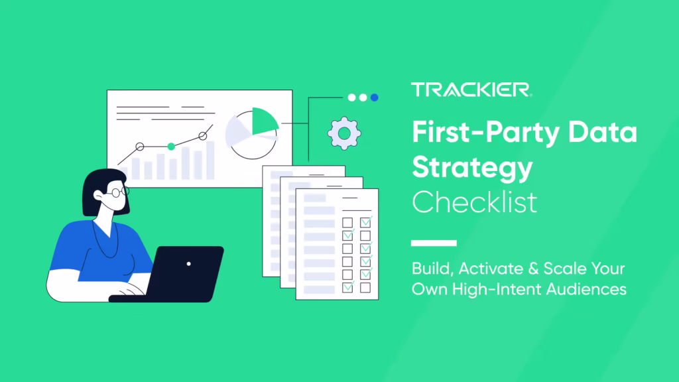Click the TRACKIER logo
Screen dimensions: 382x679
(470, 90)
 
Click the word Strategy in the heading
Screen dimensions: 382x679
(471, 168)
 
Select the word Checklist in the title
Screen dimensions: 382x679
(474, 202)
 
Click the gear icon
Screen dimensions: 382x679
(343, 133)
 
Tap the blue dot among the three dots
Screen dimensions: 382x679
(374, 97)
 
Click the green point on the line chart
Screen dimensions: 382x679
(171, 146)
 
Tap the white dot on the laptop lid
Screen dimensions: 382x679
(189, 264)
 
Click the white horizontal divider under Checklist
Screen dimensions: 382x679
(434, 243)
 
